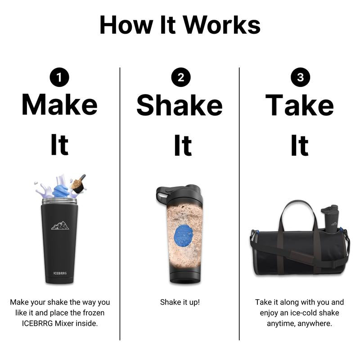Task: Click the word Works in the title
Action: (x=222, y=25)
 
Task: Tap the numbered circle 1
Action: (x=59, y=77)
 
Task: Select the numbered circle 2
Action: (x=181, y=77)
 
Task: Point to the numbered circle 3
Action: (x=300, y=77)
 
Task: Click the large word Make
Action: (x=59, y=104)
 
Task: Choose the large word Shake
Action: (x=180, y=105)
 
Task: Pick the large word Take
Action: (x=299, y=105)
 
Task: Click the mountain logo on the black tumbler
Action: (x=60, y=225)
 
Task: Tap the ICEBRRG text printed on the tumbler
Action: (x=60, y=273)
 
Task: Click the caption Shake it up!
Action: (x=180, y=302)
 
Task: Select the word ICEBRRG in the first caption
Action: (x=37, y=323)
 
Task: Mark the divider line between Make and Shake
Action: (x=120, y=204)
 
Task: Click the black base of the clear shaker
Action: (x=185, y=278)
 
